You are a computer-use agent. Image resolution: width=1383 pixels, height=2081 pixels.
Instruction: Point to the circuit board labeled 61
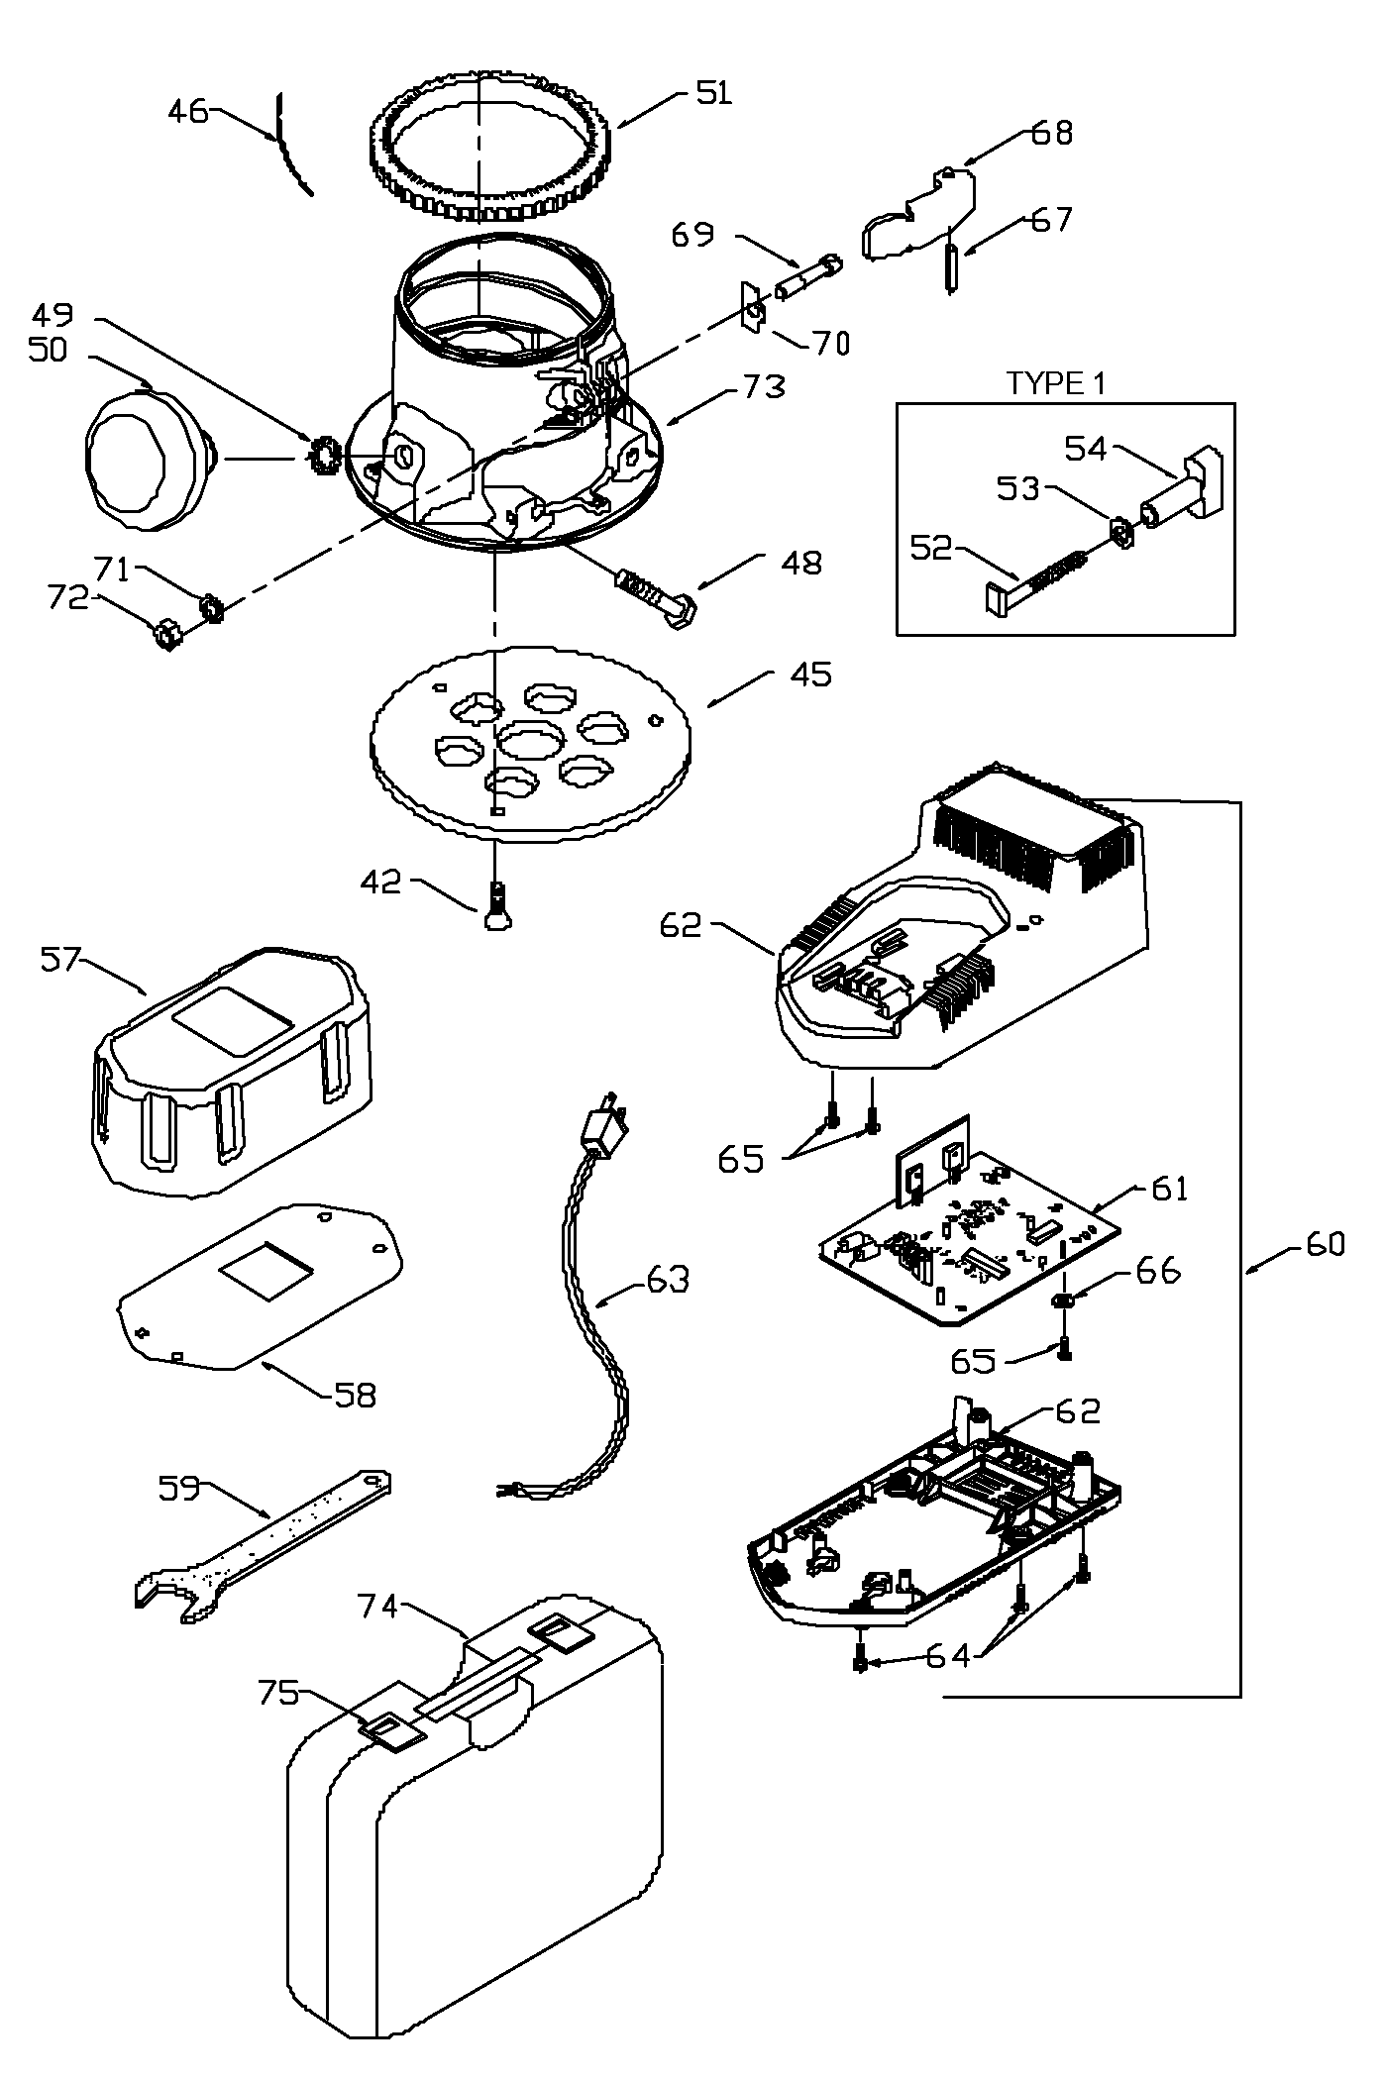tap(971, 1243)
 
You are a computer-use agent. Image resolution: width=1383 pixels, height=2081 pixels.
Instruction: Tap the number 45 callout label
tap(810, 676)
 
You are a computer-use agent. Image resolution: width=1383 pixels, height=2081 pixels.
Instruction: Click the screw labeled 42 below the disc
tap(498, 908)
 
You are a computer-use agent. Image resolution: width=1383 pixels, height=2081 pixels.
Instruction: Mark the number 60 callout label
tap(1324, 1244)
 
